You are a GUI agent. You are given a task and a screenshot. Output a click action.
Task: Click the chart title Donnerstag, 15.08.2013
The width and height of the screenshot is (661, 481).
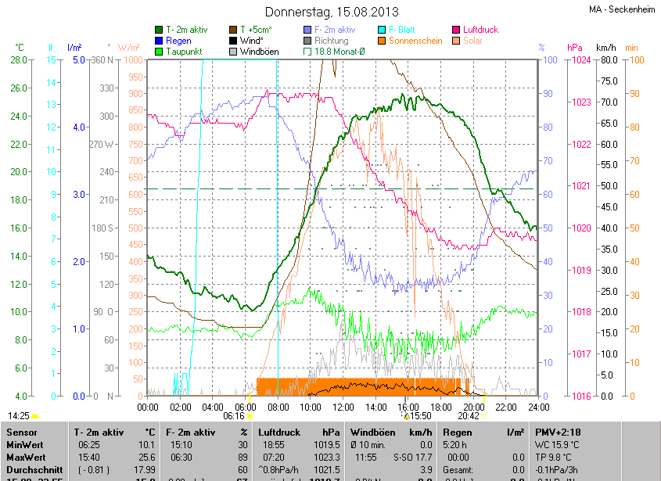click(332, 12)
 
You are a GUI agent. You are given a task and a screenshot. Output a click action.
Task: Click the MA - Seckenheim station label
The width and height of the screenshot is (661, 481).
click(622, 9)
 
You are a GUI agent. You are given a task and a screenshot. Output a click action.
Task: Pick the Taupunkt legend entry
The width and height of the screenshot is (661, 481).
click(185, 52)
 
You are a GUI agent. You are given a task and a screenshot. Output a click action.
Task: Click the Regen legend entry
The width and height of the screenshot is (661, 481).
click(178, 41)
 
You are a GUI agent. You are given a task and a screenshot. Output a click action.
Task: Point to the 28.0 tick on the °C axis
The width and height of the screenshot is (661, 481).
click(20, 60)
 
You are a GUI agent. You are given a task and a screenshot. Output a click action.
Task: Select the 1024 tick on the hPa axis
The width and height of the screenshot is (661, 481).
click(580, 60)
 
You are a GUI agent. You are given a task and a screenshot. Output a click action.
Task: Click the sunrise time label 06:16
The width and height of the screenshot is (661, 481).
click(235, 417)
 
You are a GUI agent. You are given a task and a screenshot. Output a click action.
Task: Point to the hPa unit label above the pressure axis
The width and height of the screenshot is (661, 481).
click(575, 48)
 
